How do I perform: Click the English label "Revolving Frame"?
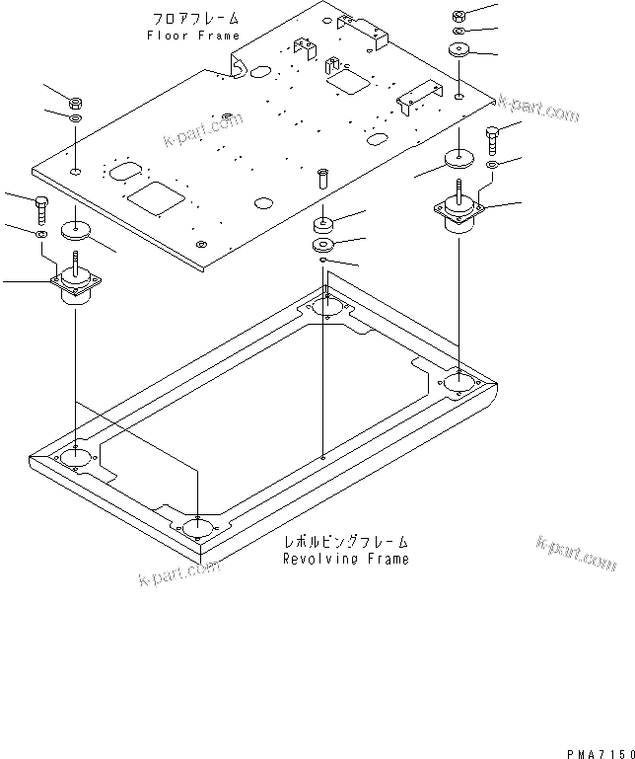[x=345, y=559]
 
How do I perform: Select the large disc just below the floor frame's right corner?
[x=459, y=158]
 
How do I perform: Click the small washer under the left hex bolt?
[x=39, y=236]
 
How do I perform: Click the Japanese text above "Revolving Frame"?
[x=345, y=542]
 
